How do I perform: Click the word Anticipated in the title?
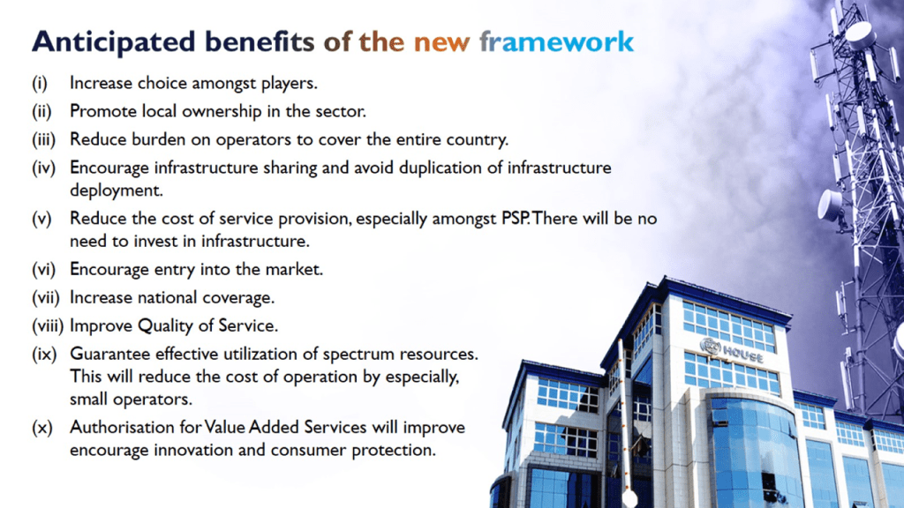click(x=114, y=42)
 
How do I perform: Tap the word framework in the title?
click(x=556, y=42)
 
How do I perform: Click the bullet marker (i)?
click(x=39, y=84)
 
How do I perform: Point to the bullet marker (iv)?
click(x=43, y=168)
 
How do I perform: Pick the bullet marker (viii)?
click(x=48, y=326)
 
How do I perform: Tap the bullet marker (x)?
click(x=42, y=428)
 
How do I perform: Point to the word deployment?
click(x=117, y=191)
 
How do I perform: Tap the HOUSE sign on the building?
click(x=742, y=353)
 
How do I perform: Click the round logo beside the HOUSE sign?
click(x=711, y=347)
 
